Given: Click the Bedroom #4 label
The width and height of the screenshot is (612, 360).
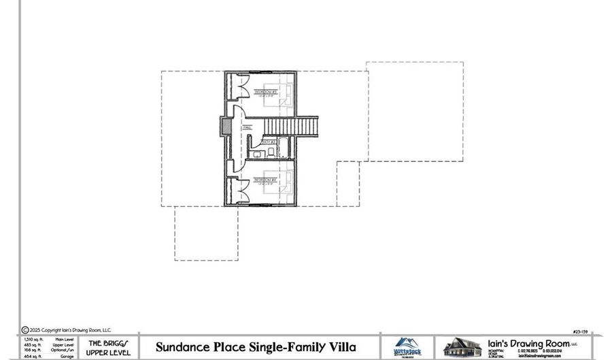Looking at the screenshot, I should tap(265, 180).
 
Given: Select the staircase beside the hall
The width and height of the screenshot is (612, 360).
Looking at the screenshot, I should tap(290, 127).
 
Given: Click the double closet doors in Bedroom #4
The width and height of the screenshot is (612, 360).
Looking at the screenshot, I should tap(240, 190).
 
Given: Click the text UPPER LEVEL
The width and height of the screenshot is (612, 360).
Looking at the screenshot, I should tap(108, 353).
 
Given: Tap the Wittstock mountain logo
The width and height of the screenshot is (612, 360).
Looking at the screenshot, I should tap(407, 346).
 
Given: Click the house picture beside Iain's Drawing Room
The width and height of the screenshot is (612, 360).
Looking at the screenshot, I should tap(462, 347).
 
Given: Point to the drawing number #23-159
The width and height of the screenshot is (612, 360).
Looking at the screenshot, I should tap(581, 331).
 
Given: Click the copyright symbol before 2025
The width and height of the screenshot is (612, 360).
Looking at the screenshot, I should tap(25, 330).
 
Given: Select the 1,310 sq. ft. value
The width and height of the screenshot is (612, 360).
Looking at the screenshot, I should tap(33, 339).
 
